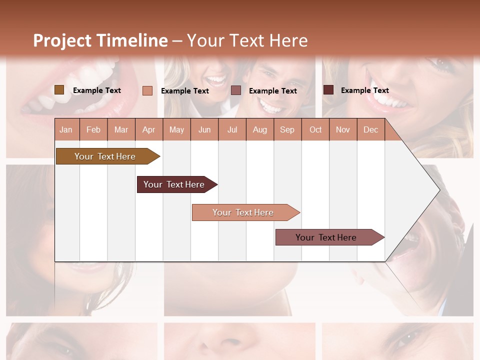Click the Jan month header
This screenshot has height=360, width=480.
click(x=66, y=129)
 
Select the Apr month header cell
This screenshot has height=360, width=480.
click(x=149, y=129)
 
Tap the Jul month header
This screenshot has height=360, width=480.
click(x=232, y=129)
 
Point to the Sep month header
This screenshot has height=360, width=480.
click(x=287, y=129)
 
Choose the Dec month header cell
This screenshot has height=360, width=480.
click(x=370, y=129)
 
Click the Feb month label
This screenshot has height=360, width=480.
click(x=93, y=129)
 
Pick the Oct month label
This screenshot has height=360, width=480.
click(x=315, y=129)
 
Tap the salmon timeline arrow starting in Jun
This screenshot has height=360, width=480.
click(x=243, y=212)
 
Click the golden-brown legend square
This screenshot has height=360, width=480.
click(x=59, y=90)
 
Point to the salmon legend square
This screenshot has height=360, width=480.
click(x=147, y=90)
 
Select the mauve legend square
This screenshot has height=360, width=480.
click(x=236, y=90)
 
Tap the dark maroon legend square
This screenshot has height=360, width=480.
click(x=328, y=90)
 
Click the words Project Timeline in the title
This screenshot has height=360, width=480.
click(x=100, y=40)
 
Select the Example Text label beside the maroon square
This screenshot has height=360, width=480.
click(x=364, y=90)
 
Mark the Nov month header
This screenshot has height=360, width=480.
click(x=343, y=129)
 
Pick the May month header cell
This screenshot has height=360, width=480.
click(x=176, y=129)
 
